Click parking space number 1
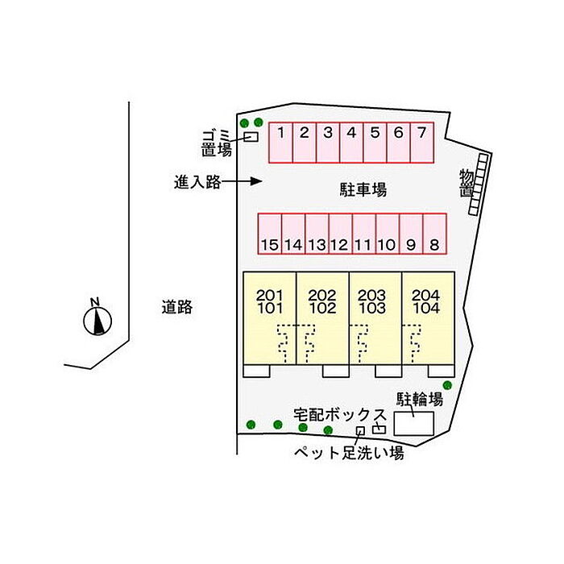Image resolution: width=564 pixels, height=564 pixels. pyautogui.click(x=280, y=143)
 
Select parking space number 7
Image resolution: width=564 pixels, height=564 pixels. pyautogui.click(x=421, y=143)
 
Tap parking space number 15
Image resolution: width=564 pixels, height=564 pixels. pyautogui.click(x=270, y=234)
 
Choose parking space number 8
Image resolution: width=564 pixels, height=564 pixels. pyautogui.click(x=433, y=234)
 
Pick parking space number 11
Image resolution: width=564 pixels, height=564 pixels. pyautogui.click(x=363, y=234)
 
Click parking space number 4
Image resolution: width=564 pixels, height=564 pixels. pyautogui.click(x=351, y=143)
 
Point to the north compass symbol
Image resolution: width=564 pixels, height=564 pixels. pyautogui.click(x=97, y=318)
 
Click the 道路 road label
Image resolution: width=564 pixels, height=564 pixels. pyautogui.click(x=176, y=306)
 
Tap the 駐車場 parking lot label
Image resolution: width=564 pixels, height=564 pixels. pyautogui.click(x=363, y=190)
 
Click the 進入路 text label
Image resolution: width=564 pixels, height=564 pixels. pyautogui.click(x=197, y=182)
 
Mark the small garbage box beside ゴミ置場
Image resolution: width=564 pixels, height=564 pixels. pyautogui.click(x=251, y=136)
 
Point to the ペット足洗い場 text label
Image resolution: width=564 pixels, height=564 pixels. pyautogui.click(x=348, y=454)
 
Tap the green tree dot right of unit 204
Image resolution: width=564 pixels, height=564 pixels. pyautogui.click(x=447, y=385)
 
